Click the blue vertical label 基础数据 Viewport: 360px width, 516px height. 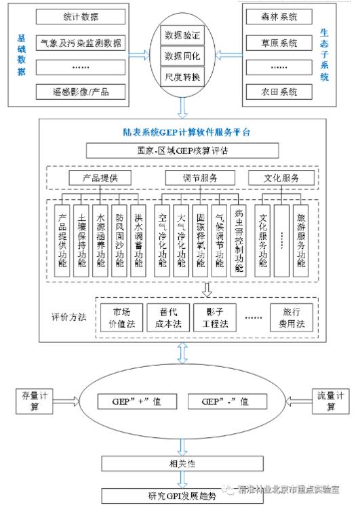pyautogui.click(x=22, y=53)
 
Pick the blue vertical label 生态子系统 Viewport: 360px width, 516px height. pyautogui.click(x=324, y=53)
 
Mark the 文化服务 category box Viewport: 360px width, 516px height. pyautogui.click(x=281, y=178)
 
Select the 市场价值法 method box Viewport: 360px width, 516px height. pyautogui.click(x=121, y=317)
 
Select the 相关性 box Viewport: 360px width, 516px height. pyautogui.click(x=182, y=463)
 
